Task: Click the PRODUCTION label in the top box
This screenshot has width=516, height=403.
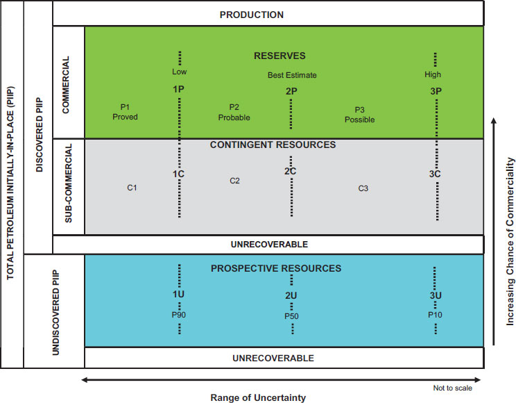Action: (251, 15)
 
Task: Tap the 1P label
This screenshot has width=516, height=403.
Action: (179, 90)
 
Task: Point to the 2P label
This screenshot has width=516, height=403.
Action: (291, 91)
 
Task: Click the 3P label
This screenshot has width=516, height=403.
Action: (436, 91)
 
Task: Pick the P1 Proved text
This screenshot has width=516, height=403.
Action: (125, 112)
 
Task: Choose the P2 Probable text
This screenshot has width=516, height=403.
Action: (234, 112)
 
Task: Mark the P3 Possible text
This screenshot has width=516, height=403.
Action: (359, 115)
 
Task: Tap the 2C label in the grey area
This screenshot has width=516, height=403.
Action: (291, 172)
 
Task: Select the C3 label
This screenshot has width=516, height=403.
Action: (363, 188)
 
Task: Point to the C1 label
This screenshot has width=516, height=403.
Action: (132, 187)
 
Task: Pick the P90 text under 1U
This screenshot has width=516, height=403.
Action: (180, 314)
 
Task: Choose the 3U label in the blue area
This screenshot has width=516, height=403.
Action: (436, 296)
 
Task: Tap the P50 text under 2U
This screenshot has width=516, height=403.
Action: (291, 316)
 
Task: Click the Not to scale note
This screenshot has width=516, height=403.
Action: (453, 388)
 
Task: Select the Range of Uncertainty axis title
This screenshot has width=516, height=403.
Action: (257, 397)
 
